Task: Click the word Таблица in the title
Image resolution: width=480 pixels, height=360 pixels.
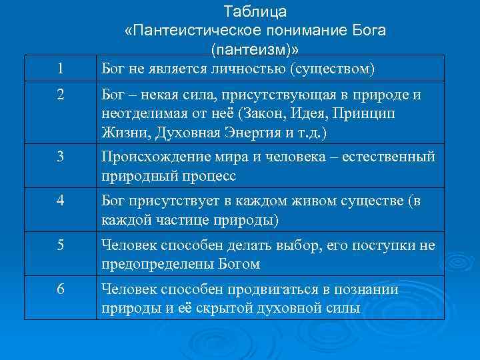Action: coord(255,12)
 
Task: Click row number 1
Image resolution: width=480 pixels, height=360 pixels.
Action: coord(61,69)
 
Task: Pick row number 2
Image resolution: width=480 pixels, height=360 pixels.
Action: coord(61,95)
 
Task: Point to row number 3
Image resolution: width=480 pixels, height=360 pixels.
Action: coord(61,157)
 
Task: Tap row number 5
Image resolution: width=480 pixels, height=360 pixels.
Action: coord(61,246)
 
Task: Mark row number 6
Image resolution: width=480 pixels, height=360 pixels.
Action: coord(61,290)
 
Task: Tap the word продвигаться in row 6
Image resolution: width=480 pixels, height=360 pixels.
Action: coord(253,290)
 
